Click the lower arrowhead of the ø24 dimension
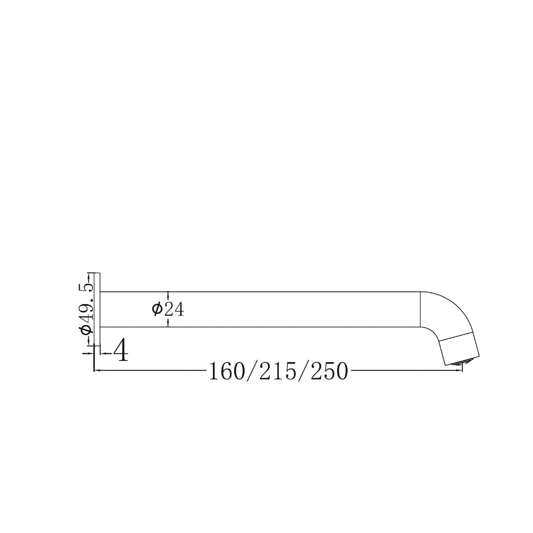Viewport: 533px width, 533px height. (x=168, y=324)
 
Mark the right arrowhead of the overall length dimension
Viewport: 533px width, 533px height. (x=460, y=371)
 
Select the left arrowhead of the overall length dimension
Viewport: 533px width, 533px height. (x=97, y=371)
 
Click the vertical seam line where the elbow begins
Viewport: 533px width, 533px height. (x=421, y=309)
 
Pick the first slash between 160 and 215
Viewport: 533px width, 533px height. (x=252, y=372)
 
